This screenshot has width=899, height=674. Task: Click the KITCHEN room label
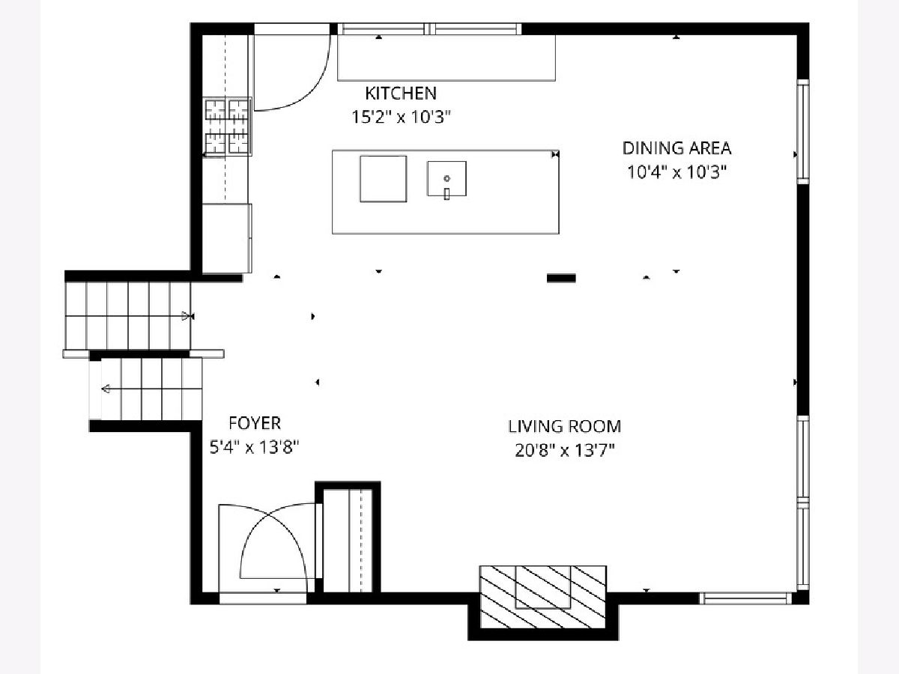click(401, 94)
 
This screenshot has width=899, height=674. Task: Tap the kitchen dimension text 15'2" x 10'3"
click(401, 118)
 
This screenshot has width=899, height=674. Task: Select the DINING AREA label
click(676, 148)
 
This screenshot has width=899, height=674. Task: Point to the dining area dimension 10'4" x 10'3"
click(676, 172)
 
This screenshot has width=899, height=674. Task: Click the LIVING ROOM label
click(564, 426)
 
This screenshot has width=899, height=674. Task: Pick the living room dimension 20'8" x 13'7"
click(564, 451)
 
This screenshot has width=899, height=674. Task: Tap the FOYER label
click(255, 423)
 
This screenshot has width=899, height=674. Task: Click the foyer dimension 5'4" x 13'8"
click(254, 447)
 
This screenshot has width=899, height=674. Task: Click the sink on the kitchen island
click(447, 179)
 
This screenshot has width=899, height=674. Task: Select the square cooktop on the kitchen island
click(384, 179)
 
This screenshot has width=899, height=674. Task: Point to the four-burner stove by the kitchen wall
click(227, 127)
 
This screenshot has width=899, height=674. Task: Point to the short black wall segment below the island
click(561, 279)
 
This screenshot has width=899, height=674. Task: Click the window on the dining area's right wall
click(803, 132)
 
